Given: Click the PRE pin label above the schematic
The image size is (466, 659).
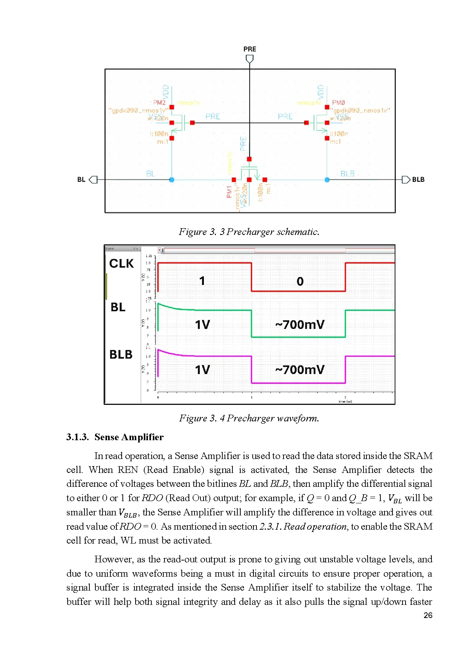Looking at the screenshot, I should (x=250, y=49).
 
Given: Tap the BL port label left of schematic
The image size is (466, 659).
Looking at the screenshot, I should (x=81, y=180).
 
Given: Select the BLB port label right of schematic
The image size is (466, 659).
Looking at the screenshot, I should (x=418, y=180).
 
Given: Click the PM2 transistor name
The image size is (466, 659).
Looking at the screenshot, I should (x=159, y=103).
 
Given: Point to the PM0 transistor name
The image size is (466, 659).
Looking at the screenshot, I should (x=338, y=103).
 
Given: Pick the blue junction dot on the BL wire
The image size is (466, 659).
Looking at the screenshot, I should (x=172, y=180).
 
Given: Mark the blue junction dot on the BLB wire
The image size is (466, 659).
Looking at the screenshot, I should (x=327, y=180).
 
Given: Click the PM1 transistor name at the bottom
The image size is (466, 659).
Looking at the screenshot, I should (x=229, y=192).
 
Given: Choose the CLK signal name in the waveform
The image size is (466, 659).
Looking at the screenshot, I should (x=121, y=264).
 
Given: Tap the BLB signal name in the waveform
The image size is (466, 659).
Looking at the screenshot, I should (x=121, y=354).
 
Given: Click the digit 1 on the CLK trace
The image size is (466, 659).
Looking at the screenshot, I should (x=202, y=281).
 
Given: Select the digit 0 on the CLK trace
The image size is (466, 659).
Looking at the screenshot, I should (x=300, y=282).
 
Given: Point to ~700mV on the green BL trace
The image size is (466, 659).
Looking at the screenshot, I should (x=300, y=324).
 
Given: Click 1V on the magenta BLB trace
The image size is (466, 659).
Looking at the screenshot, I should (x=202, y=370).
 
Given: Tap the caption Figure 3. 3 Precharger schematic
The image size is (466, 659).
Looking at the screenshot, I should (x=249, y=232).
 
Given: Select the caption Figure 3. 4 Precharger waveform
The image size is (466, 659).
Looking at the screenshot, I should (x=249, y=418).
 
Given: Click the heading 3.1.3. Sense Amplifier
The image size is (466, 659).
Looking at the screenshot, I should (x=115, y=437).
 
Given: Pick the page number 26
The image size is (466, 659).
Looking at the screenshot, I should (x=428, y=615).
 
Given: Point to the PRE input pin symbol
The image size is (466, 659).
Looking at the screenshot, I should (x=250, y=59).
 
